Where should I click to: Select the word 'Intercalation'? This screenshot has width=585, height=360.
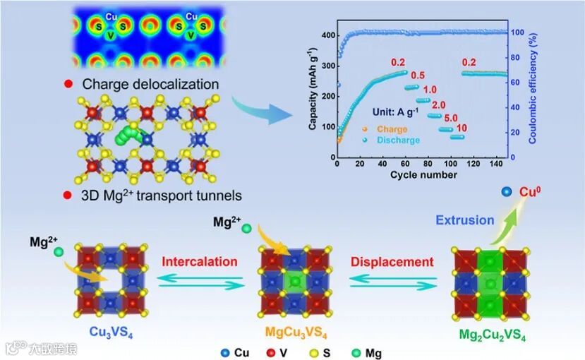coord(200,262)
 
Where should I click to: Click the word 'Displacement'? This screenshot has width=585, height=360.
coord(392,262)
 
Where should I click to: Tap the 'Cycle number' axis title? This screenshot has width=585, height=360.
coord(423,175)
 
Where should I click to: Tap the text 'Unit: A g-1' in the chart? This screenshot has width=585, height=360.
coord(399,111)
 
